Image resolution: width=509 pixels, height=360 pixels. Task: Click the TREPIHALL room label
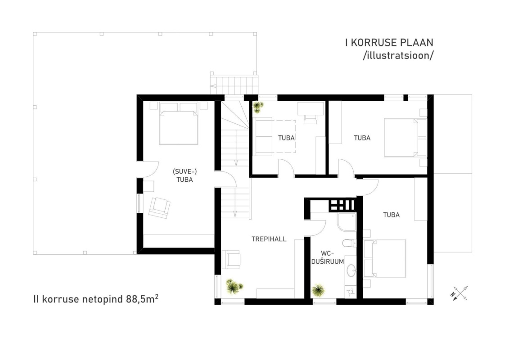pos(269,239)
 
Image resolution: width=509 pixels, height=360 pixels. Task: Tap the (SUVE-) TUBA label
pos(185,175)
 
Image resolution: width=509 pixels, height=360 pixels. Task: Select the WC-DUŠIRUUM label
pos(328,257)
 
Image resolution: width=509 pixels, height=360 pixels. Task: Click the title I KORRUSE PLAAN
pos(389,42)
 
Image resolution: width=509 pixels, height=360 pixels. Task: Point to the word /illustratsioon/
pos(398,55)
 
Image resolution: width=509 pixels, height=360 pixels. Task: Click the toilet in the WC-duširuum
pos(349,243)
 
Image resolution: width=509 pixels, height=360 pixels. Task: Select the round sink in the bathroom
pos(351,270)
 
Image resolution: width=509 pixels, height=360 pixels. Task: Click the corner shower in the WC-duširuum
pos(347,222)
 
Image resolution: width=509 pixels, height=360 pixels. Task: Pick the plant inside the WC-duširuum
pos(318,290)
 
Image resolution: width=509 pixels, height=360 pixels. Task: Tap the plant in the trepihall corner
pos(234,286)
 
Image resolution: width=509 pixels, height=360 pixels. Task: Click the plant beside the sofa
pos(258,107)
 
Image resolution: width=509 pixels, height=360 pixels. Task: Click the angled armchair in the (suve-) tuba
pos(159,207)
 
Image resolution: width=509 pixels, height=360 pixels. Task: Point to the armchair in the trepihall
pos(231,260)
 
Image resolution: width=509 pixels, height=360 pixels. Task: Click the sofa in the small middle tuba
pos(262,136)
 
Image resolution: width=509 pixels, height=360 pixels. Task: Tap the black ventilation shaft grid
pos(342,205)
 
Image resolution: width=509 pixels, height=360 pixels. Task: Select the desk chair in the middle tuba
pos(311,119)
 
